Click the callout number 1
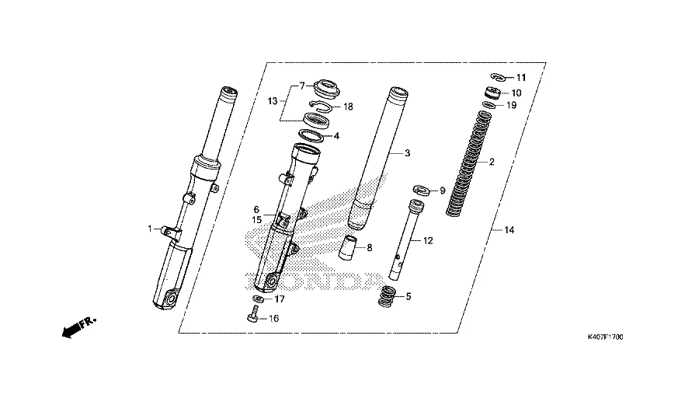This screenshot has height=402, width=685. pos(149,229)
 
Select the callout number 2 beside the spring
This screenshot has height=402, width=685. pos(491,163)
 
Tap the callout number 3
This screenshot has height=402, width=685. pos(406,154)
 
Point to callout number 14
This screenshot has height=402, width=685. pos(509,230)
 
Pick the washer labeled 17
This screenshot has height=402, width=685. pos(257,299)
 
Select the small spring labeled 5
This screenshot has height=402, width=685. pos(388,296)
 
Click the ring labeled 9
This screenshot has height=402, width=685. pos(422,189)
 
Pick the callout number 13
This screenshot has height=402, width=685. pos(273,101)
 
